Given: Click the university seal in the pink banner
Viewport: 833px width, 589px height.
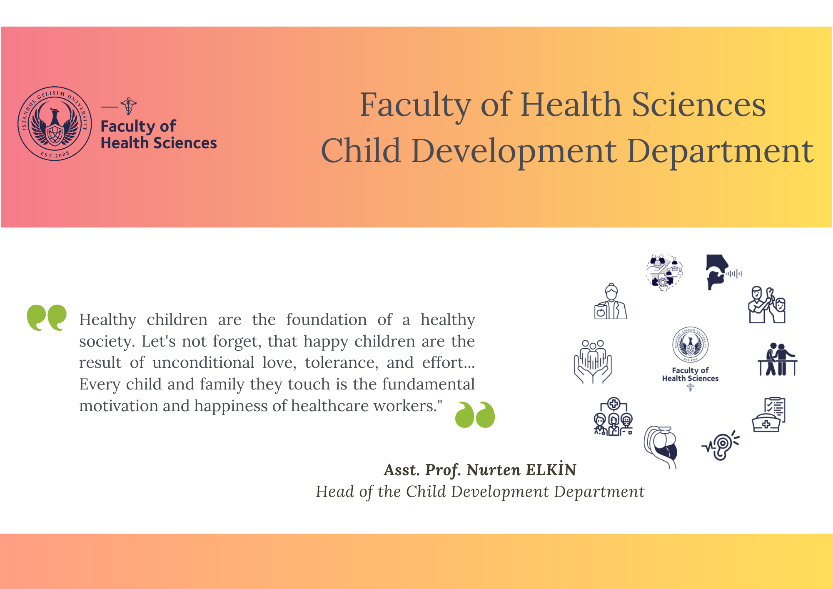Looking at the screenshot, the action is (55, 124).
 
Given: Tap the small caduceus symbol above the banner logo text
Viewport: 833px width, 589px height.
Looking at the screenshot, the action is (129, 106).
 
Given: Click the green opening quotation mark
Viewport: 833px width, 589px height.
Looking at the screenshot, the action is (47, 317).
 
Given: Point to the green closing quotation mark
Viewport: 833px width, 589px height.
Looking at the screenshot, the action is (475, 414).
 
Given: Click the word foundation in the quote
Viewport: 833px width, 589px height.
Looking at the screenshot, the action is (327, 319).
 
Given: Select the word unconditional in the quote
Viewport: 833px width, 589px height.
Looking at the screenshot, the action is (203, 362).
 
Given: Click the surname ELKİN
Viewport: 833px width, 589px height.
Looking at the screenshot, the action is (551, 469).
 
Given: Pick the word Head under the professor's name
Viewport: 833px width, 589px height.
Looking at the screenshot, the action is (334, 492).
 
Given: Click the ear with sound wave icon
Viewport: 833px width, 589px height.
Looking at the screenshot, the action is (721, 445).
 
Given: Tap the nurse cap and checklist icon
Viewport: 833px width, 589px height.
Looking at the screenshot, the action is (769, 414).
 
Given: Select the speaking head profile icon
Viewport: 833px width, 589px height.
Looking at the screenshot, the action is (723, 272).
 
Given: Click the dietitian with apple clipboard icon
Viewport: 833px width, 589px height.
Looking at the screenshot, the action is (611, 301).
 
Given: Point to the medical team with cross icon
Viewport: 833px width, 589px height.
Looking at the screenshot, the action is (613, 416).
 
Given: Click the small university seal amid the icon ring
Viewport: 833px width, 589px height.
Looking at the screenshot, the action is (691, 344).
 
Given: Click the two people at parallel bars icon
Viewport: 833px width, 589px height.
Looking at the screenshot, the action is (777, 359).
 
